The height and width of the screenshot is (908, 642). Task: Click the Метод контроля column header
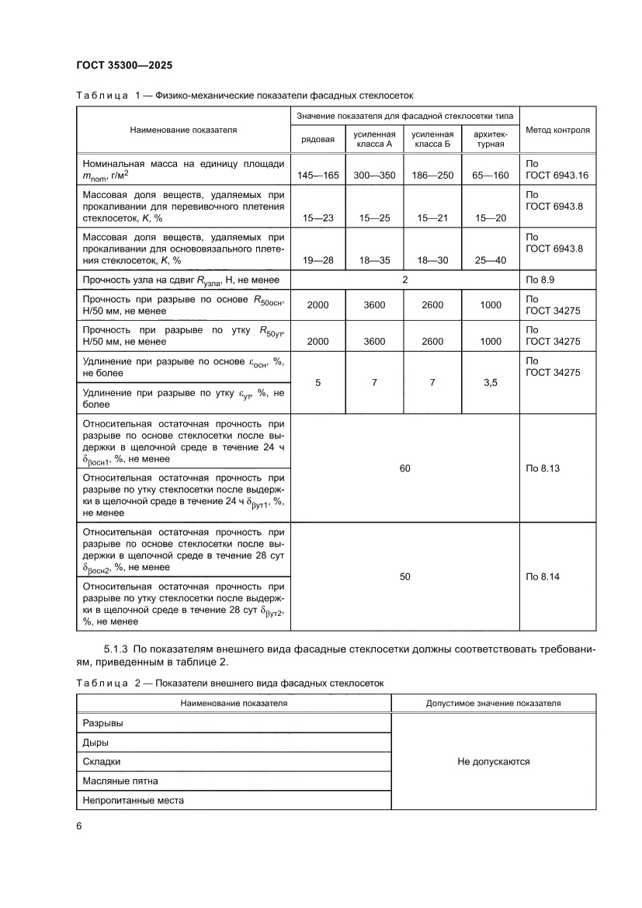point(557,130)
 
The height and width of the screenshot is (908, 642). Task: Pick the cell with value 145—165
point(318,176)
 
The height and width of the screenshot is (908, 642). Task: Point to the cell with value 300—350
point(374,176)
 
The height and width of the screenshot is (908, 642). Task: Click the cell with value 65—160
point(491,176)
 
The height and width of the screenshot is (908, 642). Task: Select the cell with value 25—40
point(491,260)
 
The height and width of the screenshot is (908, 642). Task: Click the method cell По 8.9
point(537,279)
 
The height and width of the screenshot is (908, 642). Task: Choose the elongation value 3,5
point(491,383)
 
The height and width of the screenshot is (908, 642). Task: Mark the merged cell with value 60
point(404,468)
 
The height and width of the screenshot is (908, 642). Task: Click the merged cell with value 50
point(404,576)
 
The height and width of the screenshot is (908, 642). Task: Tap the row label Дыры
point(95,742)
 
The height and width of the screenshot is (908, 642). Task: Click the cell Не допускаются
point(494,761)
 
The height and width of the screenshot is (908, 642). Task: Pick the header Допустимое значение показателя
point(494,703)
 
